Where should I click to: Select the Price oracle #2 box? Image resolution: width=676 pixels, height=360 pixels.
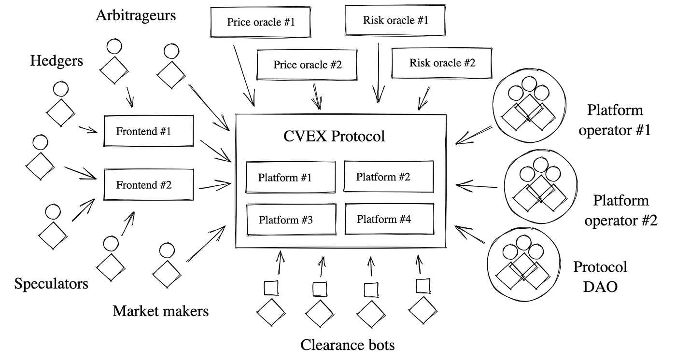(308, 65)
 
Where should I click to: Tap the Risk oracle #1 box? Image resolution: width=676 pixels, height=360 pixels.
(395, 20)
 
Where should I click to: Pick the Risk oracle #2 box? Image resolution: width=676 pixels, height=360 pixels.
(442, 63)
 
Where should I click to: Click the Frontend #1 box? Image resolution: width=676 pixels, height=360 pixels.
(149, 131)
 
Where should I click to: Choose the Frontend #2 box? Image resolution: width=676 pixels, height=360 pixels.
(149, 185)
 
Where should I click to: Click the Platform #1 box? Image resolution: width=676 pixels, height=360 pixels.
(290, 177)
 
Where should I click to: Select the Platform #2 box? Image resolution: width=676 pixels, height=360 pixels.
(388, 177)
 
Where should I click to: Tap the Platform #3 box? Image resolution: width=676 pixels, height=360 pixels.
(290, 220)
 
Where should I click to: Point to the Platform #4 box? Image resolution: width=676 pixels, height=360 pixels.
(389, 219)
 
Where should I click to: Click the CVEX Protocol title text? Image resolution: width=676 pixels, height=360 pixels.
(334, 136)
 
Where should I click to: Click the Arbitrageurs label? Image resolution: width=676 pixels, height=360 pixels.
(136, 15)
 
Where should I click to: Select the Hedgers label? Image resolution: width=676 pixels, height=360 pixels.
(56, 61)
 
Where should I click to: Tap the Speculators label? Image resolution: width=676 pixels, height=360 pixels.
(51, 283)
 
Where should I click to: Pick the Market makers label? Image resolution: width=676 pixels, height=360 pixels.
(160, 311)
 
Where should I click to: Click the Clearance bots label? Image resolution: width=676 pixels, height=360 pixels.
(347, 345)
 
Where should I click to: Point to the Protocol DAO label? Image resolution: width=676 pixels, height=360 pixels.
(600, 277)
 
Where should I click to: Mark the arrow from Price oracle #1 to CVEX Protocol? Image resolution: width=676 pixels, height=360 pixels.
(244, 75)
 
